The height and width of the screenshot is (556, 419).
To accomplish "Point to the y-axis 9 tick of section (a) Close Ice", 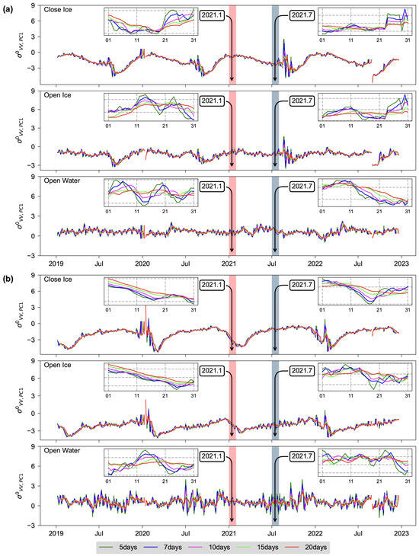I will [x=42, y=5].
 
